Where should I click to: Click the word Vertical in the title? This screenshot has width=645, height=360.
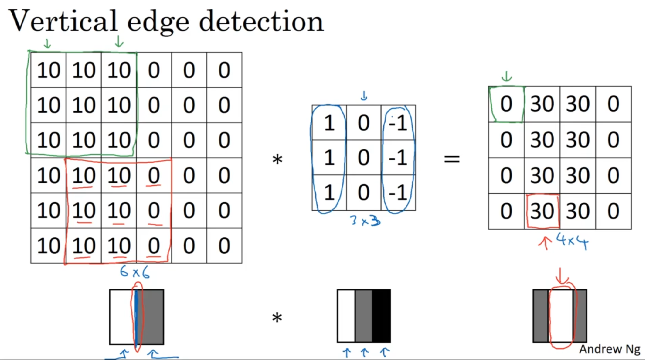tap(63, 21)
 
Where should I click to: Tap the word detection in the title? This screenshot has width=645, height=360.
tap(261, 21)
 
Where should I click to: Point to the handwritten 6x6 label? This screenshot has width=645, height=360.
tap(135, 272)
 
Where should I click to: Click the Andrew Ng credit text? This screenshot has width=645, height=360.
tap(610, 349)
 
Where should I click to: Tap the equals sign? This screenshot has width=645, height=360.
tap(452, 158)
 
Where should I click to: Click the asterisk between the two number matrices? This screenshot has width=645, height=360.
tap(277, 159)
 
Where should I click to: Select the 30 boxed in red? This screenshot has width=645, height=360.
tap(542, 211)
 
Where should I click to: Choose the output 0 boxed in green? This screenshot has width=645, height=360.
tap(506, 104)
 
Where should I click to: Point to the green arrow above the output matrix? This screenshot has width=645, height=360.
tap(506, 76)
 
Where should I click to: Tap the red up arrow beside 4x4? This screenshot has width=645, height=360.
tap(545, 243)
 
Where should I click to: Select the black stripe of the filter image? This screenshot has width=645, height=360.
tap(381, 316)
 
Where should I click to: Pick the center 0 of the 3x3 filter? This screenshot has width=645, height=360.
tap(364, 158)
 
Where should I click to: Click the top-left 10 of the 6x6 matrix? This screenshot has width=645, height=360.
tap(48, 70)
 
